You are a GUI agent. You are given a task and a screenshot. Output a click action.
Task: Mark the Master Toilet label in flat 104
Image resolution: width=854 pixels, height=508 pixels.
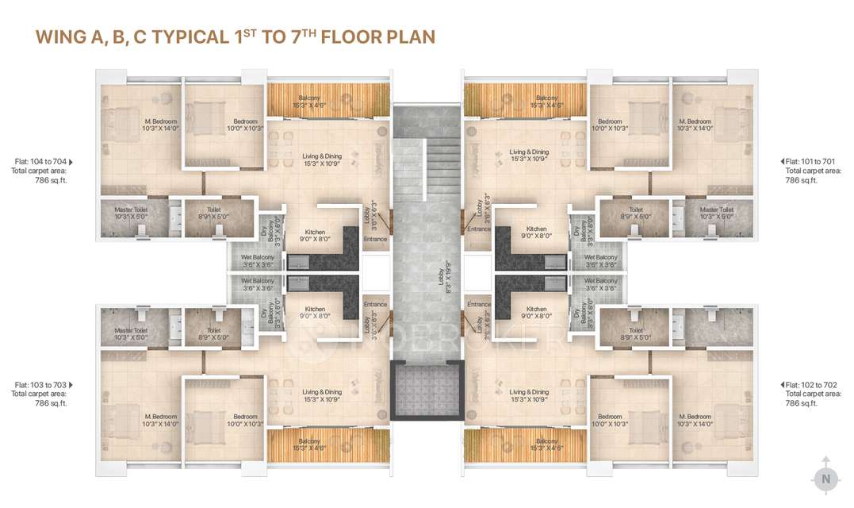click(x=130, y=213)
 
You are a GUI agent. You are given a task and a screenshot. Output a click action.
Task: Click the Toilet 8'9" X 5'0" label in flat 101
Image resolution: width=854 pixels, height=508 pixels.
click(x=635, y=213)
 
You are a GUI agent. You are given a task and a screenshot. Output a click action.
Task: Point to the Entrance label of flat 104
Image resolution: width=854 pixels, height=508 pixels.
click(x=375, y=239)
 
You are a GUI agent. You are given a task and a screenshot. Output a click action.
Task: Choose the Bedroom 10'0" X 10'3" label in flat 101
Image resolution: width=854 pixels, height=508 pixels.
click(x=610, y=125)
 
